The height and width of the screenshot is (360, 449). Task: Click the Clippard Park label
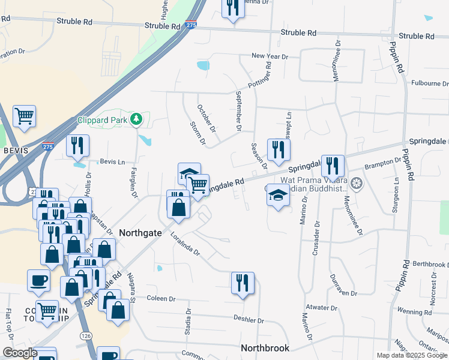coord(103,119)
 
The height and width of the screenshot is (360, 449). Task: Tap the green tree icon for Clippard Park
coord(137,119)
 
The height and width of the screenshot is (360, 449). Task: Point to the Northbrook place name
coord(265,348)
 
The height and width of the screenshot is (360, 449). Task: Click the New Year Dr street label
coord(270,56)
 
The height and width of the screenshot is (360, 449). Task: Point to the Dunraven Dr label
coord(343,287)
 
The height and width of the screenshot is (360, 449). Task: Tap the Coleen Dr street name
coord(160,298)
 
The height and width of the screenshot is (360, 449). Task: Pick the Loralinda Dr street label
coord(184,244)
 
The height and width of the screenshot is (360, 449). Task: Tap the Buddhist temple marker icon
coord(357,182)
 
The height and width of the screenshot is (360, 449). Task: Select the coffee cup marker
coord(39,280)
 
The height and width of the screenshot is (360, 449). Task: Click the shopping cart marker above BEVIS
coord(24,116)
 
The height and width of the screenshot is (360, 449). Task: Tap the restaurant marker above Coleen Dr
coord(243,283)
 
